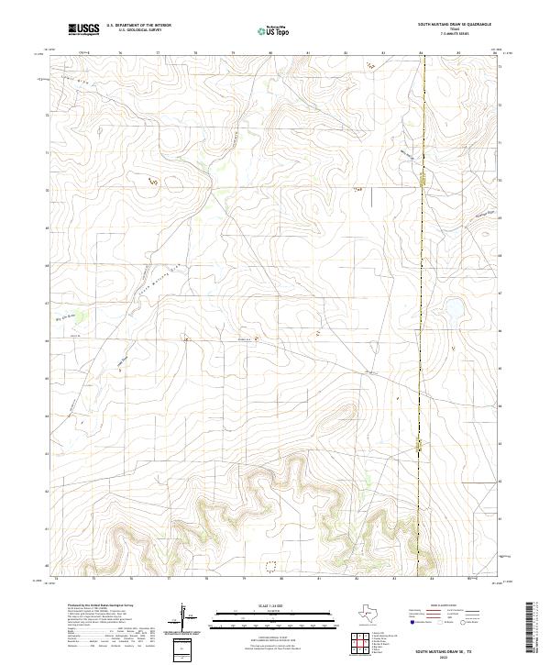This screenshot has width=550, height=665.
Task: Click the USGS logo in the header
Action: click(x=83, y=30)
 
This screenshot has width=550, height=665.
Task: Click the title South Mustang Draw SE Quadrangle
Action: click(x=455, y=25)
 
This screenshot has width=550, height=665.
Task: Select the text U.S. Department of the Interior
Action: click(x=138, y=25)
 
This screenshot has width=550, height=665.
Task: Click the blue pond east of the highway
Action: click(x=453, y=318)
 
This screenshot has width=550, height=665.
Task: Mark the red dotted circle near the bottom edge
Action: click(x=270, y=566)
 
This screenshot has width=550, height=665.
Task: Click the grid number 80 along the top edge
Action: click(x=270, y=53)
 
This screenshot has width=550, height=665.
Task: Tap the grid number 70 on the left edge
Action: click(x=47, y=191)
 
